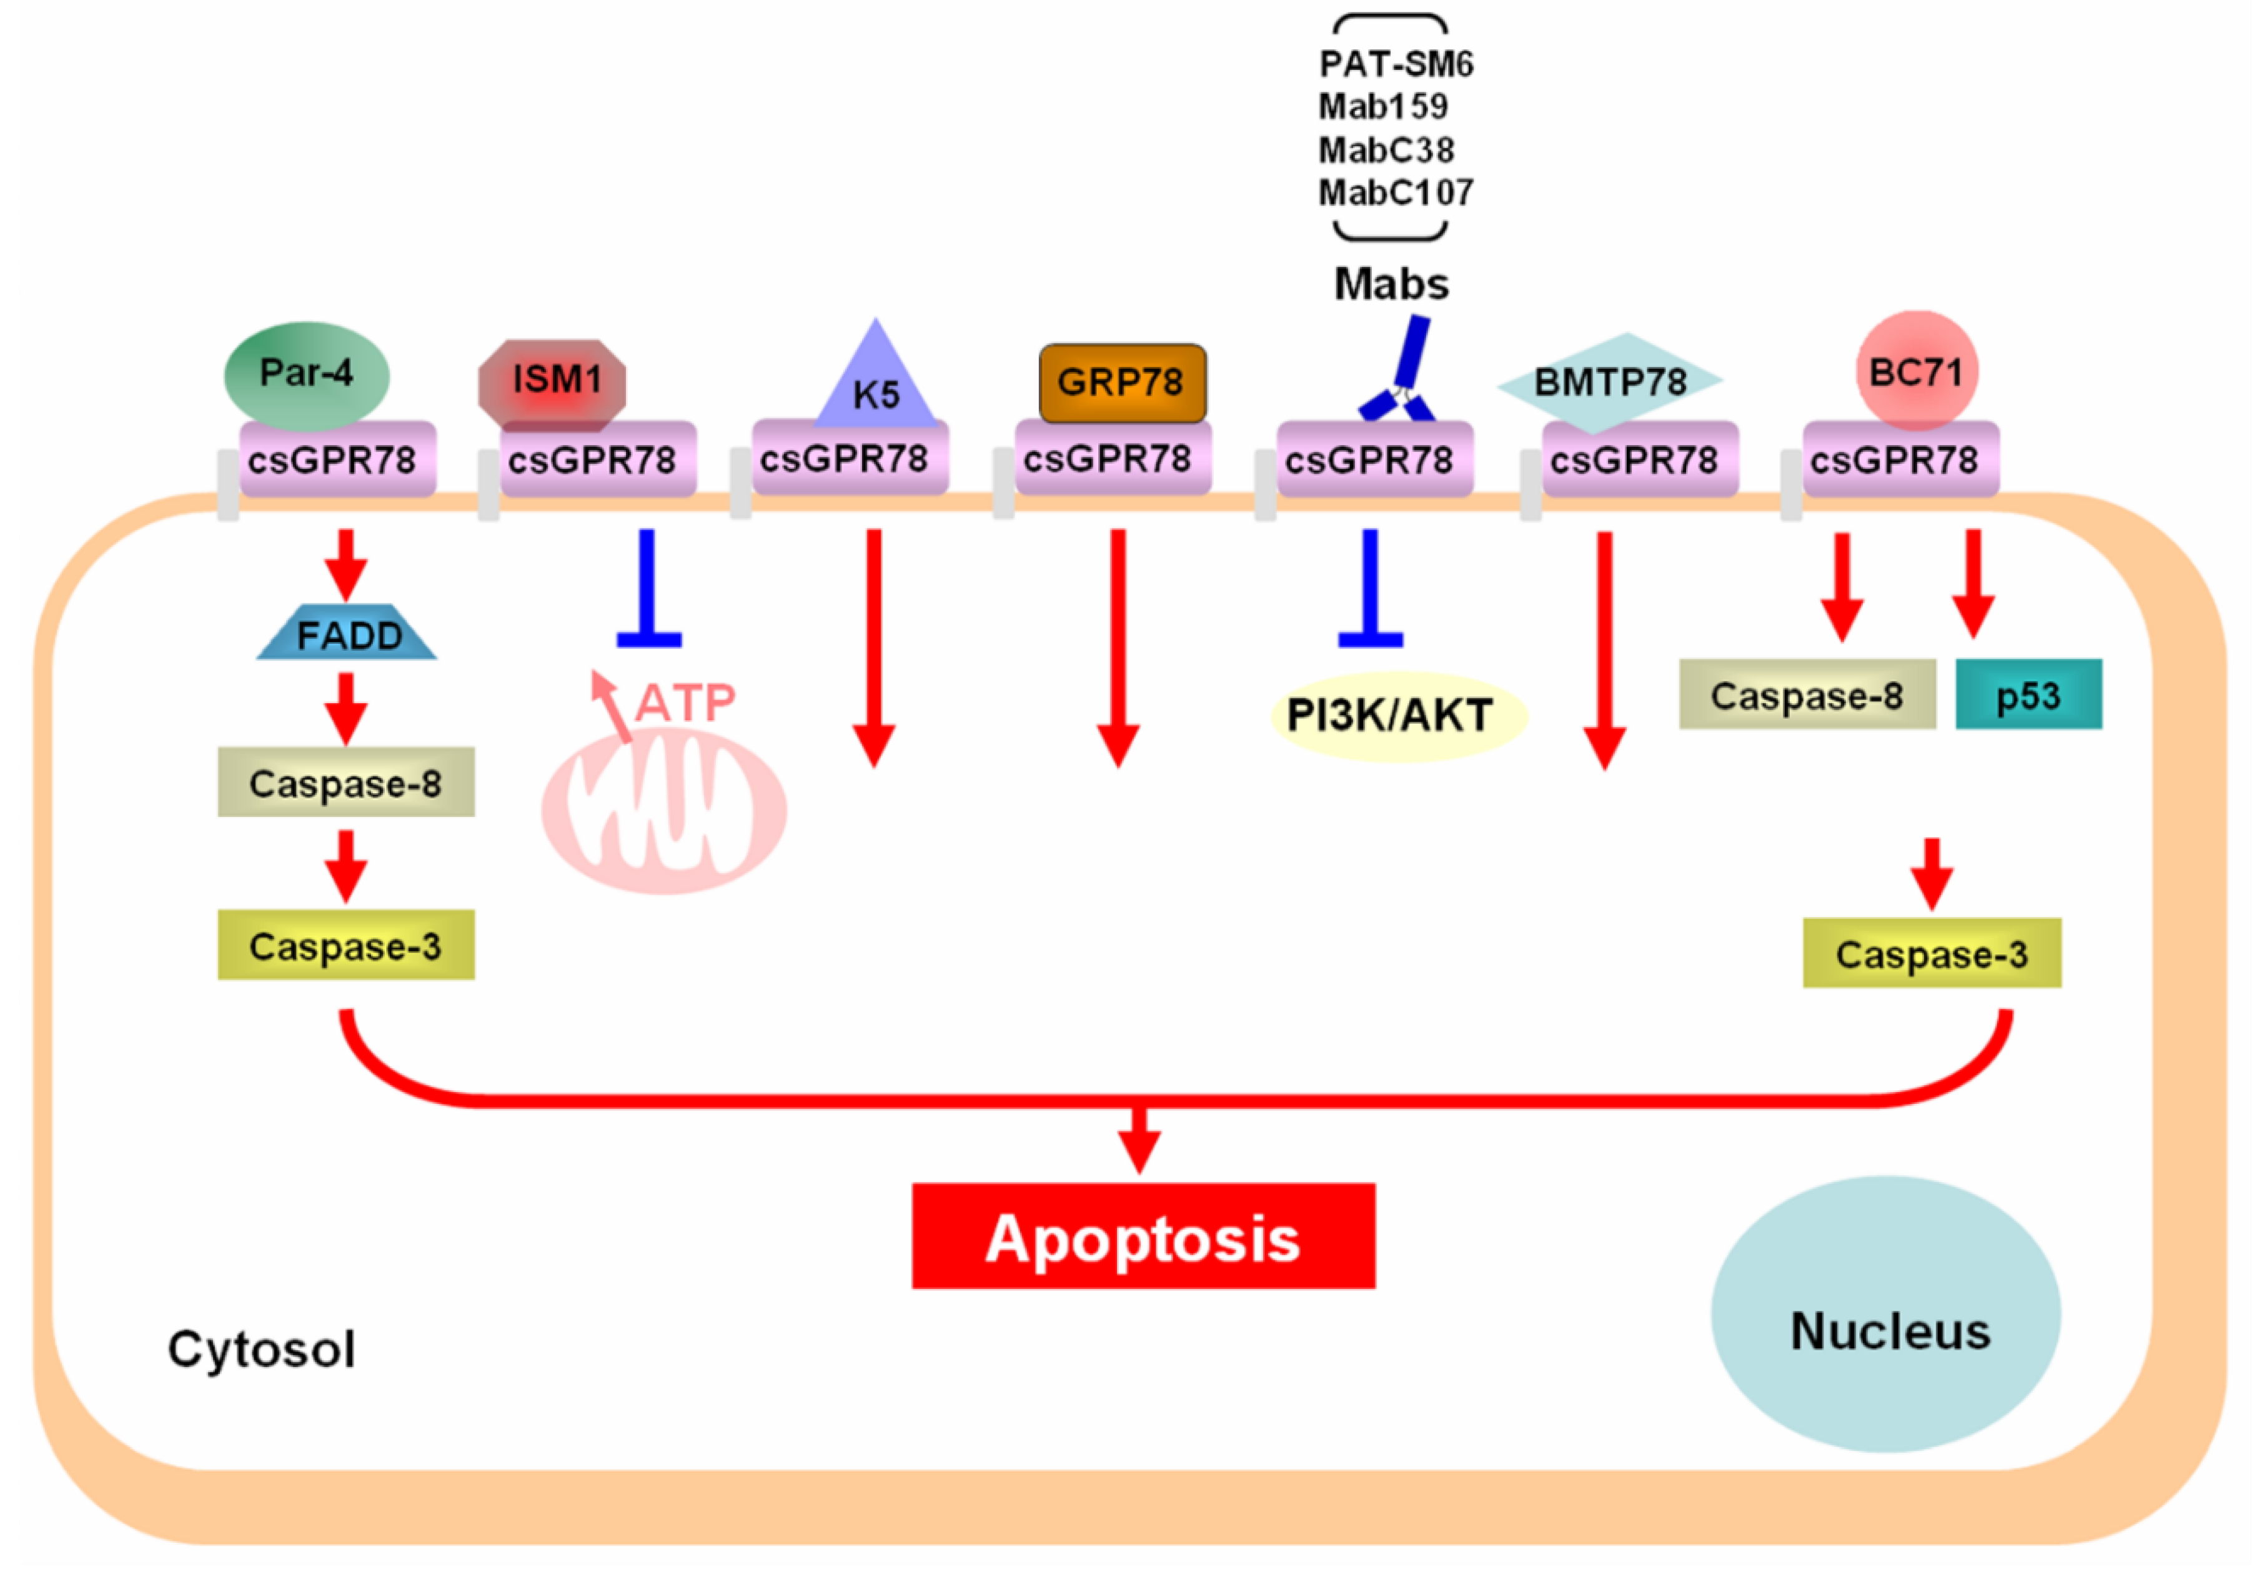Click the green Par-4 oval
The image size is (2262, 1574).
pyautogui.click(x=306, y=374)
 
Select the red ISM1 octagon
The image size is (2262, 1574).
pyautogui.click(x=553, y=383)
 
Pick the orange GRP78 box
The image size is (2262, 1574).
pyautogui.click(x=1122, y=383)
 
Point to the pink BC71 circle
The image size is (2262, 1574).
pyautogui.click(x=1916, y=371)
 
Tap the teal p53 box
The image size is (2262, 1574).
pyautogui.click(x=2028, y=695)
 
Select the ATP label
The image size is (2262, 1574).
pyautogui.click(x=685, y=703)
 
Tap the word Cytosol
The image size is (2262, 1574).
pyautogui.click(x=261, y=1348)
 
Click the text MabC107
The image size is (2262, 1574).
pyautogui.click(x=1395, y=192)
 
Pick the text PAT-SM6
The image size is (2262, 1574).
pyautogui.click(x=1395, y=64)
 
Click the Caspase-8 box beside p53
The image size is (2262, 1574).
pyautogui.click(x=1807, y=695)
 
